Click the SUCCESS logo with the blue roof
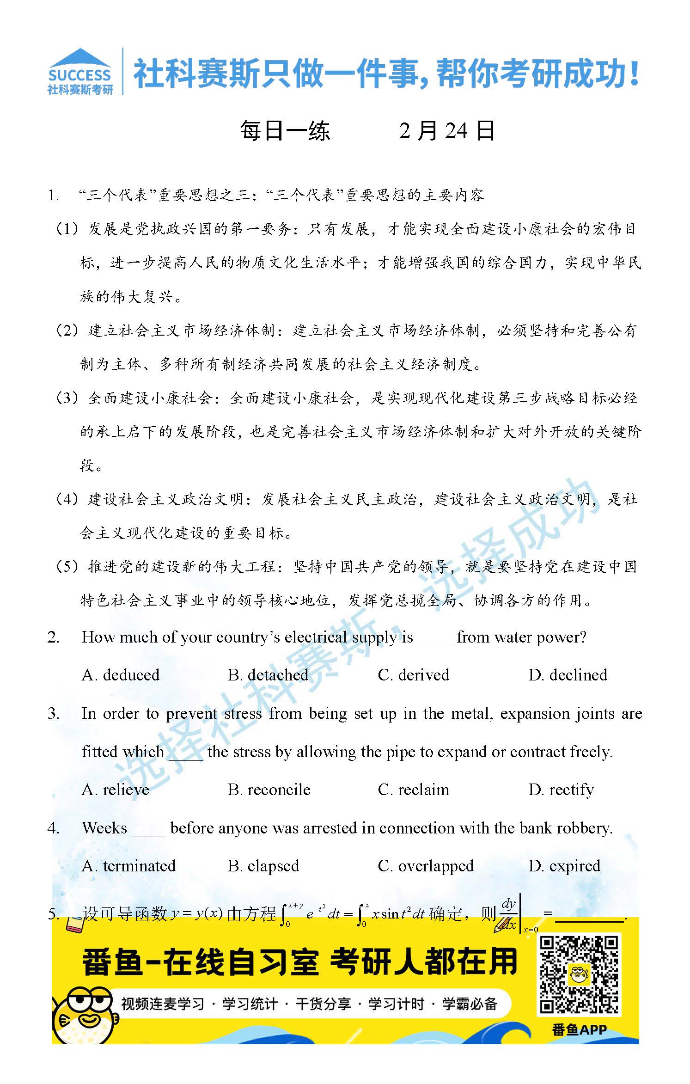(x=80, y=72)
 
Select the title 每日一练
(x=285, y=131)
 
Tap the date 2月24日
(x=447, y=131)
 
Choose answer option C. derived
(x=413, y=675)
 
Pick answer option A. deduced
(x=120, y=675)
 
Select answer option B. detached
(x=268, y=675)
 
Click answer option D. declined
(x=568, y=675)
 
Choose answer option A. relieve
(x=115, y=790)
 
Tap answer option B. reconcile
(x=269, y=790)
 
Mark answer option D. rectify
(x=561, y=790)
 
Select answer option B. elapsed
(x=263, y=866)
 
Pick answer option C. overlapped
(x=426, y=866)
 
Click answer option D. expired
(x=564, y=866)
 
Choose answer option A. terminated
(x=128, y=866)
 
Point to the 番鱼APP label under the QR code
(x=579, y=1029)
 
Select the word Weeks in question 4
(x=104, y=828)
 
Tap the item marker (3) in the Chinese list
(x=67, y=398)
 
